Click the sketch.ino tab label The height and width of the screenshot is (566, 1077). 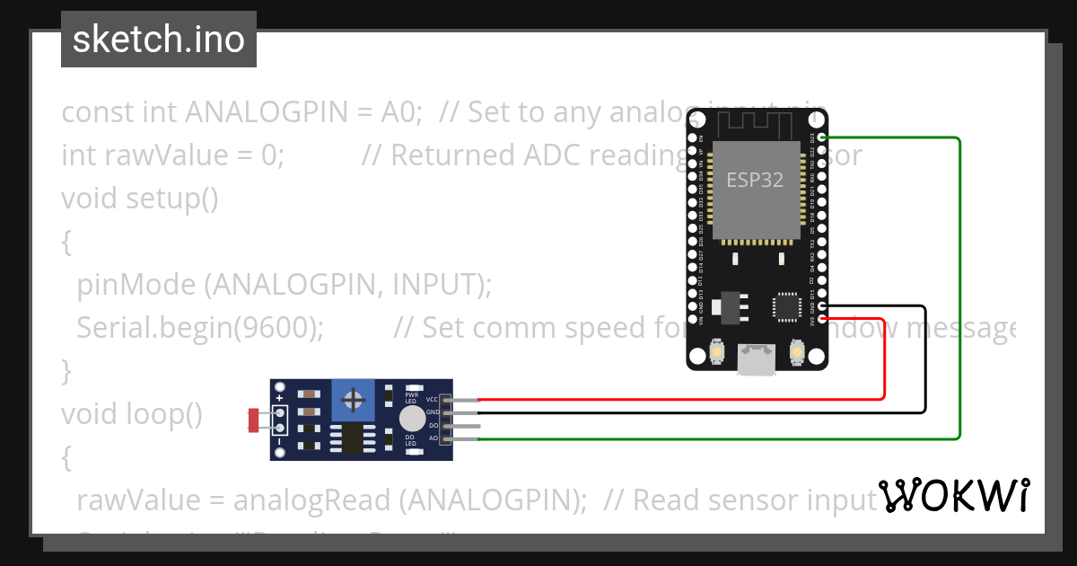(x=159, y=40)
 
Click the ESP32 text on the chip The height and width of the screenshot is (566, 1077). (x=755, y=180)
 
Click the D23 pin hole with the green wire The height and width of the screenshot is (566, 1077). (x=822, y=138)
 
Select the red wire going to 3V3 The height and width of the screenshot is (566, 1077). (x=884, y=359)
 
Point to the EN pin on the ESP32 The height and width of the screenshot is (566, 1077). (x=692, y=138)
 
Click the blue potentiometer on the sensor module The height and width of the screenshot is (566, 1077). (x=355, y=399)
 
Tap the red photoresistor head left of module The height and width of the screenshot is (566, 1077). (x=254, y=419)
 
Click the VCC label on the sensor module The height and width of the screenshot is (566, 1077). (x=433, y=399)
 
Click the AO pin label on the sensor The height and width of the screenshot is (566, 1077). (x=433, y=438)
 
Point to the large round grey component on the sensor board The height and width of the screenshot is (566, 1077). (x=412, y=418)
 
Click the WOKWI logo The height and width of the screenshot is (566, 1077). (x=954, y=495)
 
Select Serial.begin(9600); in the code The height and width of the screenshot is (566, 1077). (x=200, y=328)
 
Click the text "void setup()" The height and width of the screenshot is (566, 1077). (x=139, y=198)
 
